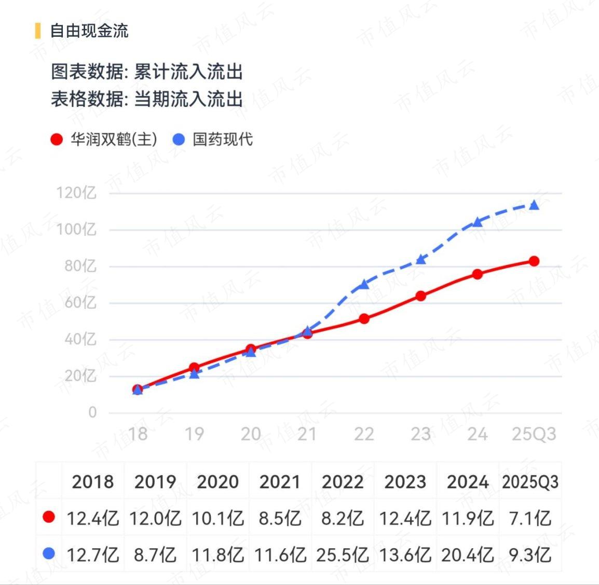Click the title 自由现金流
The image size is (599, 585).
coord(89,31)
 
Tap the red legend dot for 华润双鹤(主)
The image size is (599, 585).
coord(57,140)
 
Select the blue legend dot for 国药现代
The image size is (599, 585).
coord(179,140)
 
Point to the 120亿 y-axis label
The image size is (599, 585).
coord(76,193)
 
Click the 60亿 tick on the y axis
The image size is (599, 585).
coord(80,303)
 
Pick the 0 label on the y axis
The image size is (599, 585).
coord(92,412)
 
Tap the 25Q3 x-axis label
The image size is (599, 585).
coord(534,434)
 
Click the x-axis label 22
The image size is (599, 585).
coord(364,434)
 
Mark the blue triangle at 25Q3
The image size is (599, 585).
coord(534,205)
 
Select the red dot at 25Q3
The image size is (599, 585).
coord(534,261)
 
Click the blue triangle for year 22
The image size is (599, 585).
coord(364,284)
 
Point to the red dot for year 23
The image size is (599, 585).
coord(420,296)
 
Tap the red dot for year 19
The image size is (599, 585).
coord(194,368)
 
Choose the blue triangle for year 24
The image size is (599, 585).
coord(478,222)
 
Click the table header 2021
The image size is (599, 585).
coord(280,482)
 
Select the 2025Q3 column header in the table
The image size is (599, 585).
coord(530,482)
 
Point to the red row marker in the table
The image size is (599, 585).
coord(49,518)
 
